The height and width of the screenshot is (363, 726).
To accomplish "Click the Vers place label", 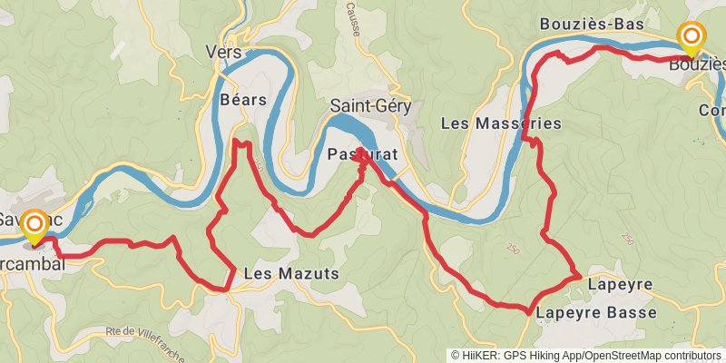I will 224,53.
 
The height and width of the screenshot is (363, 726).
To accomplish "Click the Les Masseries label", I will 500,123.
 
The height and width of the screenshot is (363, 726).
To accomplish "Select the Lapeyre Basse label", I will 594,312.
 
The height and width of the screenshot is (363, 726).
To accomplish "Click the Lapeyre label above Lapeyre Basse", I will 620,285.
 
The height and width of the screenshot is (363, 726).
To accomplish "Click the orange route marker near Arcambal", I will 34,223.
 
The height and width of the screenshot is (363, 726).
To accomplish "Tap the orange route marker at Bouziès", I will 692,36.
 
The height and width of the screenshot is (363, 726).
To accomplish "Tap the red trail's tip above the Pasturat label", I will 360,148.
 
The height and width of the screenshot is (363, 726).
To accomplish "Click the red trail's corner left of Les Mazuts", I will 226,289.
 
